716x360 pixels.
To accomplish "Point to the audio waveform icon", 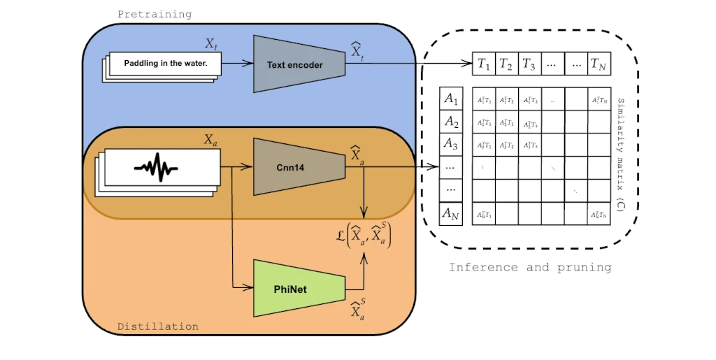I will pos(155,168).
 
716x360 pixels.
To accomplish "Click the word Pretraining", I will pos(155,14).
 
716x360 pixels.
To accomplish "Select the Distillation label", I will pos(157,326).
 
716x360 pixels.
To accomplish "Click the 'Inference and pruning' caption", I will pos(530,267).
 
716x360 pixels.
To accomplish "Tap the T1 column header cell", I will pos(484,64).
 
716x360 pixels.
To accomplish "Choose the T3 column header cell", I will pos(529,64).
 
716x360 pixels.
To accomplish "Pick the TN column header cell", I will pos(599,64).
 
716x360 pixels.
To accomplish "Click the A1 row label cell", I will pos(451,99).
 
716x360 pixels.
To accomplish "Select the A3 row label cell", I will pos(451,145).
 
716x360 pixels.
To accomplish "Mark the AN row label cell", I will pos(451,214).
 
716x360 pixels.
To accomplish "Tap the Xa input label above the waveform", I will pos(210,140).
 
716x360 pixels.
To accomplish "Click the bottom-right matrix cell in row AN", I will pos(599,214).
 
